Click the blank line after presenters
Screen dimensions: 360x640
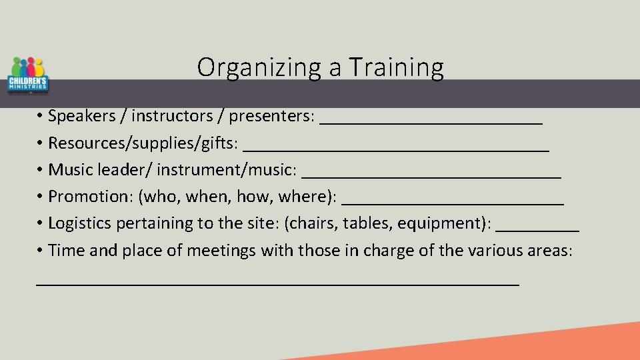pyautogui.click(x=431, y=123)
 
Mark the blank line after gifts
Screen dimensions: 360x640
pyautogui.click(x=396, y=150)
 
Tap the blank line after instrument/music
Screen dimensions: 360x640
pyautogui.click(x=431, y=177)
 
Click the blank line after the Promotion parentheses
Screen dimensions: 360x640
pyautogui.click(x=456, y=203)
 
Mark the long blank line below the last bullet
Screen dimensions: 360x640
pyautogui.click(x=277, y=283)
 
